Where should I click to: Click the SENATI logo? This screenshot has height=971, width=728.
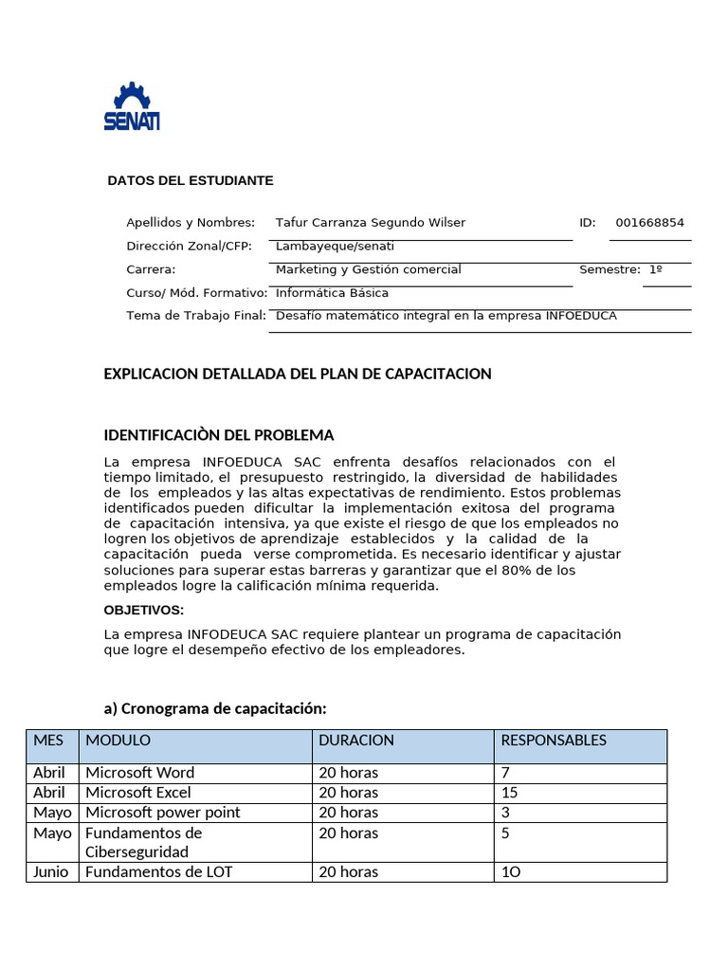(x=132, y=106)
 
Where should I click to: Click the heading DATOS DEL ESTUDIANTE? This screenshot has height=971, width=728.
(x=190, y=180)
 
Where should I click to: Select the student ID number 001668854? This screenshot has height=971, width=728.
(x=649, y=223)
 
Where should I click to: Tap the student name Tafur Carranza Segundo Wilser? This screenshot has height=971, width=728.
(x=370, y=223)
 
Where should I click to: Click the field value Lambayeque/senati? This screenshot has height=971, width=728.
(x=335, y=247)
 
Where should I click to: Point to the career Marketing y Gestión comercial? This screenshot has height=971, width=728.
(x=368, y=269)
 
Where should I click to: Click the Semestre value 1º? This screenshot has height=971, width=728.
(x=655, y=269)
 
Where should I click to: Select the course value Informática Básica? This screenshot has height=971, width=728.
(x=332, y=293)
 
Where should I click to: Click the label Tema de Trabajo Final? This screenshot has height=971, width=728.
(x=195, y=316)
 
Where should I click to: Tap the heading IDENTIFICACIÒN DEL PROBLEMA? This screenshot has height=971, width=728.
(x=218, y=435)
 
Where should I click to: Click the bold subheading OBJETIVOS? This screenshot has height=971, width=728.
(x=143, y=610)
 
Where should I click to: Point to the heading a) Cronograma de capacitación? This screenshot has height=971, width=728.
(x=214, y=708)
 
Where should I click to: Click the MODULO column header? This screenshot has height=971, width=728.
(x=118, y=741)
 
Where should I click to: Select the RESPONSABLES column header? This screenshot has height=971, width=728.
(x=554, y=741)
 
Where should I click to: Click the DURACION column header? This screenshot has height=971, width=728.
(x=355, y=741)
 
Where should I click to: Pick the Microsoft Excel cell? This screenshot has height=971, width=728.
(x=138, y=793)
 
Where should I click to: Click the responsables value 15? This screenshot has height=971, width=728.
(x=509, y=793)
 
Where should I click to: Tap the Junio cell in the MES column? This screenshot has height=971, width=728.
(x=50, y=872)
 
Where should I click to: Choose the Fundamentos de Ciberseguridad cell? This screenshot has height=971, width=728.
(x=144, y=842)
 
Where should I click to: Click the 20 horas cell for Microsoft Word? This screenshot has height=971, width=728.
(x=348, y=773)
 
